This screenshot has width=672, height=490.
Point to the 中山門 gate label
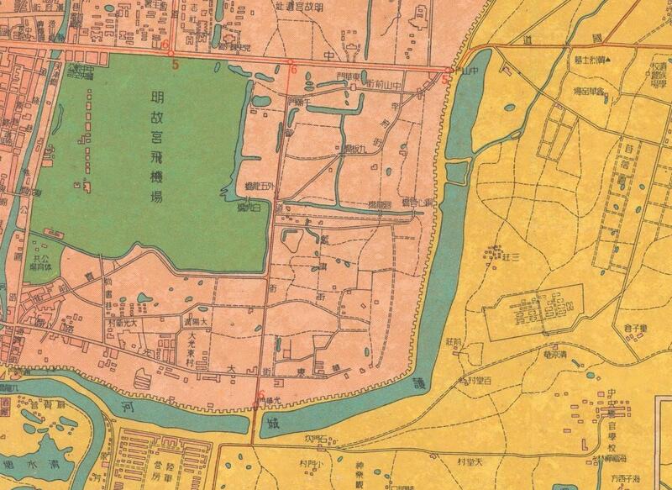pos(460,71)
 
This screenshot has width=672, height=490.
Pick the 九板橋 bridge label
pos(354,150)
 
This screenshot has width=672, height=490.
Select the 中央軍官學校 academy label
pos(616,420)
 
